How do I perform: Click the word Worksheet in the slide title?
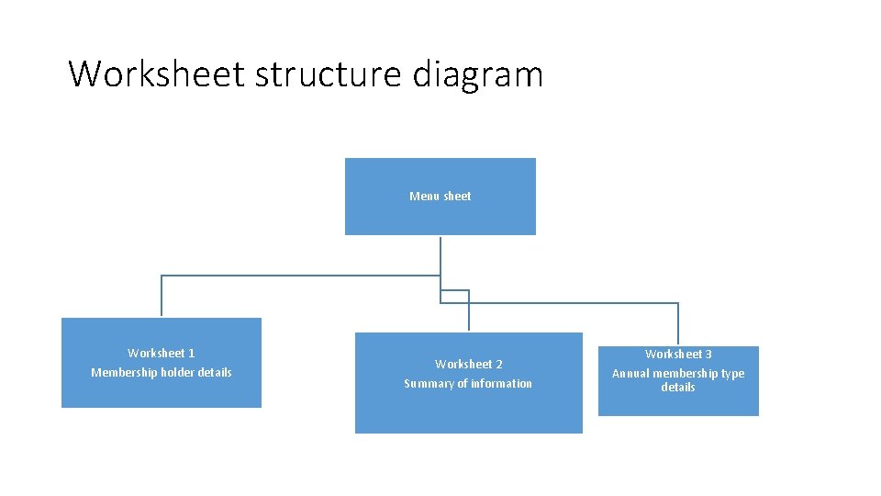[x=157, y=73]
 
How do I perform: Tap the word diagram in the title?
[x=477, y=73]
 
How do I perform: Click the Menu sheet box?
[x=440, y=217]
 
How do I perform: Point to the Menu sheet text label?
[x=440, y=196]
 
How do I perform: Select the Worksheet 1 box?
[x=161, y=390]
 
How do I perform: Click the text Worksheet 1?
[x=161, y=353]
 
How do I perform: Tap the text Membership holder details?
[x=161, y=372]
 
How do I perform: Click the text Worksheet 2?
[x=468, y=365]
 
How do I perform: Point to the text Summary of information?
[x=468, y=384]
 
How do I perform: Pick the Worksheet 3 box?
[x=678, y=405]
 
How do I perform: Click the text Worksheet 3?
[x=678, y=354]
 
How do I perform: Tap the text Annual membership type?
[x=678, y=373]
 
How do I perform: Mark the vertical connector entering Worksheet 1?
[x=162, y=297]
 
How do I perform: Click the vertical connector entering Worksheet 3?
[x=678, y=324]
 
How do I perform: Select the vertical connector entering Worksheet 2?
[x=469, y=312]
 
